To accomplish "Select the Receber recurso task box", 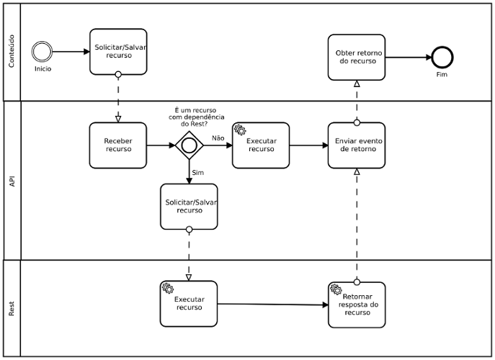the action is tap(118, 145).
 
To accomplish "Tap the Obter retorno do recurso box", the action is tap(357, 58).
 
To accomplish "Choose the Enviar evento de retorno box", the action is tap(357, 145).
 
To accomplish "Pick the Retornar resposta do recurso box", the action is tap(357, 305).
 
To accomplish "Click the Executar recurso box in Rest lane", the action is tap(189, 304).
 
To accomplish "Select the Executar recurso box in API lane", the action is tap(261, 145).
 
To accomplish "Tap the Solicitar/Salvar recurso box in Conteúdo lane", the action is tap(118, 52).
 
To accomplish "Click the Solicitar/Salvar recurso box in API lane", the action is tap(189, 207).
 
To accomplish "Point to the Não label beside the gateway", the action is tap(218, 138).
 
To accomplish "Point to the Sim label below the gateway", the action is tap(198, 173).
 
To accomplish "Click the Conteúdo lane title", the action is tap(12, 51).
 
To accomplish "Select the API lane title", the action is tap(12, 181).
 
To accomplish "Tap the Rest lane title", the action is tap(12, 309).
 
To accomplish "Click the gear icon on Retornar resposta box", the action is tap(336, 289).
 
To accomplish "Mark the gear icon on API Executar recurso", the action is tap(240, 130).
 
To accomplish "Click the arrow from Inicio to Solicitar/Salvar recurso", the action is tap(71, 51).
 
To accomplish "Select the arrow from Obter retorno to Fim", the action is tap(409, 58).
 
